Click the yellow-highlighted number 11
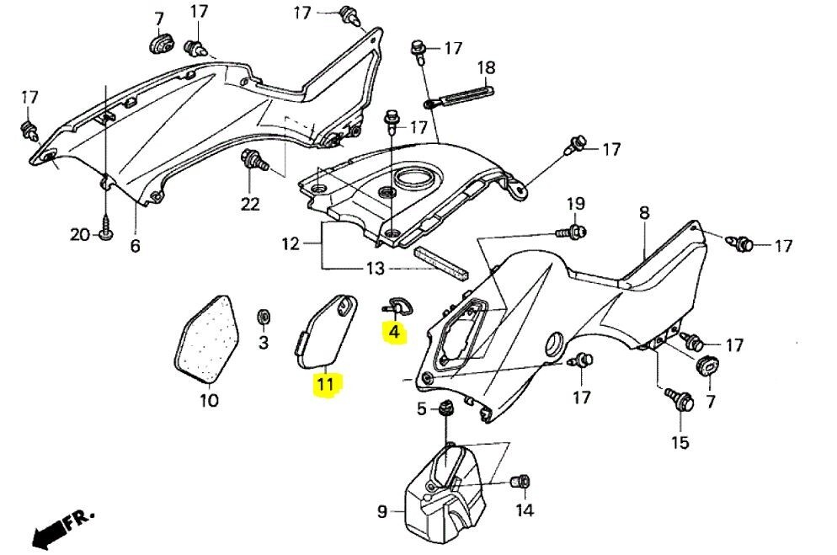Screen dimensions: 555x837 (325, 385)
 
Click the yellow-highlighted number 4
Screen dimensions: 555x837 (393, 333)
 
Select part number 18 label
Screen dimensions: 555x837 (486, 67)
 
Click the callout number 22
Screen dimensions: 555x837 (250, 203)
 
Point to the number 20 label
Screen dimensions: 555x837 (79, 235)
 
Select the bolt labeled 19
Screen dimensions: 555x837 (575, 230)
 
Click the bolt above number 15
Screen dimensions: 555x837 (678, 398)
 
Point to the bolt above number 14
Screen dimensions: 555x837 (520, 481)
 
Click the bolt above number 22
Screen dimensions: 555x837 (252, 160)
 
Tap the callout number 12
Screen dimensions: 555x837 (290, 245)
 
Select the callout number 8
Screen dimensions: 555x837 (644, 214)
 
